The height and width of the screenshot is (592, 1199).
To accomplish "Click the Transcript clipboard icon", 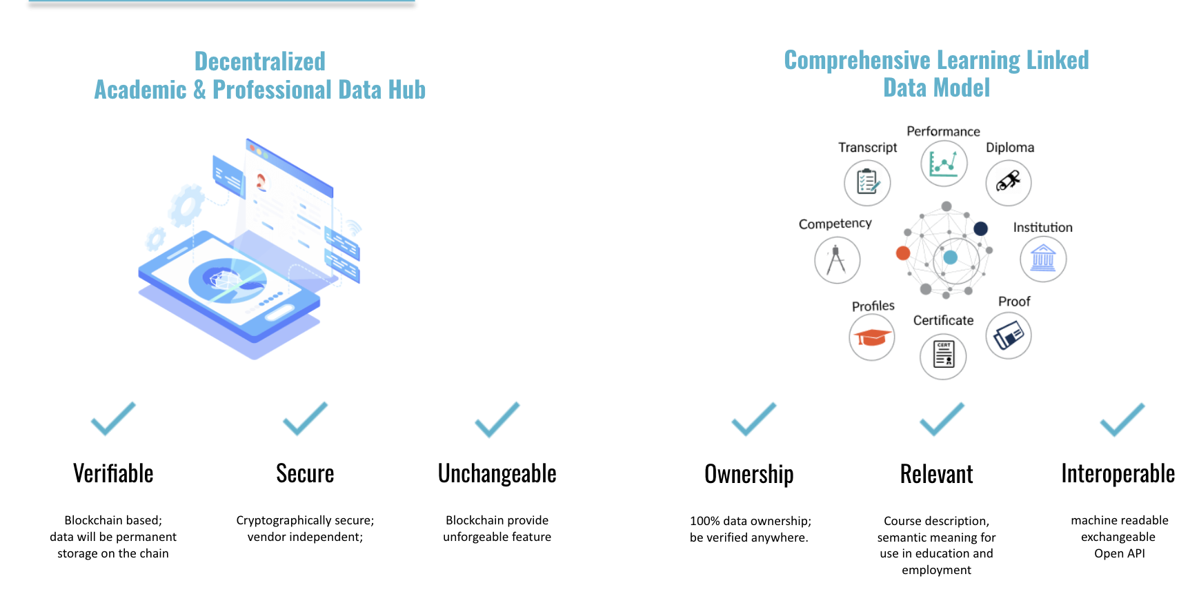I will [867, 183].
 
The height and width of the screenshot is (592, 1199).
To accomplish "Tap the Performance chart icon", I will [944, 164].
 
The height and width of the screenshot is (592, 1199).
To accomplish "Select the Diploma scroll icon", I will [1008, 183].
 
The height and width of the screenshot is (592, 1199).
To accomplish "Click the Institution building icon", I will [1043, 259].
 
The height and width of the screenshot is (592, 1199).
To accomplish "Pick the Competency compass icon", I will [837, 260].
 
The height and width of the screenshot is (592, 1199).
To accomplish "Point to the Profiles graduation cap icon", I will [872, 337].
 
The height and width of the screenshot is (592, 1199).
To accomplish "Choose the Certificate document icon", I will [943, 355].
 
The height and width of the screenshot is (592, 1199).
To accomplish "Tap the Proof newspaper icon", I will [1008, 336].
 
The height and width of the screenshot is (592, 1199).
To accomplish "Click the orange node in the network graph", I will [903, 253].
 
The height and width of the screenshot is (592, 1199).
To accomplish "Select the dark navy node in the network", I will [980, 228].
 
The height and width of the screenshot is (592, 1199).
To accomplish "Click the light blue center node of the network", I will [951, 257].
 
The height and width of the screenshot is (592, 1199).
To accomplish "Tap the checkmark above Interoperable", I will [1122, 420].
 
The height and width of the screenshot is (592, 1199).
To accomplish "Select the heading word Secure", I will [305, 474].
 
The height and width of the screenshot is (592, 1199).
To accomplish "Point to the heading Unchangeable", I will [497, 474].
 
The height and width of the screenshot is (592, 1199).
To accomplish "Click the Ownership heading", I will [749, 475].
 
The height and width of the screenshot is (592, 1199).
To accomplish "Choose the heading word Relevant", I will [936, 475].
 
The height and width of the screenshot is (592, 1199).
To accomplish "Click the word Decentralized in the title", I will [259, 61].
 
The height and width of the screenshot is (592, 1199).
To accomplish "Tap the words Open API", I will [1119, 553].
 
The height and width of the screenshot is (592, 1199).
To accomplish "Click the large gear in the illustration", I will [186, 205].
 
